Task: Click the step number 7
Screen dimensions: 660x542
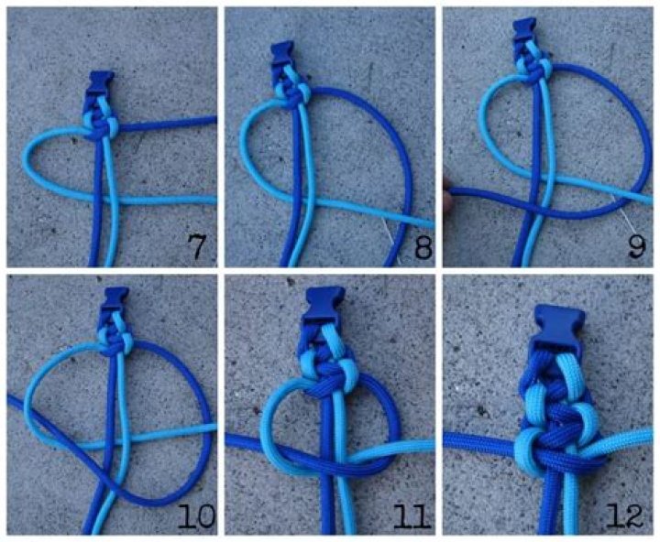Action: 196,246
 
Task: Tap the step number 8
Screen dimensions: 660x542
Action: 423,246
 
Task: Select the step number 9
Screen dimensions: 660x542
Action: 636,246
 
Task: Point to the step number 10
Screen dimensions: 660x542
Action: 196,515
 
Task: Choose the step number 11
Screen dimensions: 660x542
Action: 412,515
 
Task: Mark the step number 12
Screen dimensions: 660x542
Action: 624,515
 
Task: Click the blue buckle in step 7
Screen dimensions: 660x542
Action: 100,86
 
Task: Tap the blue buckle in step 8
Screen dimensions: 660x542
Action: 282,54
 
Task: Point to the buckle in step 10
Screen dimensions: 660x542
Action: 115,300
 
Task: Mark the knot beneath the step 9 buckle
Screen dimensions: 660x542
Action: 532,70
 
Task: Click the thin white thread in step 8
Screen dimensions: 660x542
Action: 390,237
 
